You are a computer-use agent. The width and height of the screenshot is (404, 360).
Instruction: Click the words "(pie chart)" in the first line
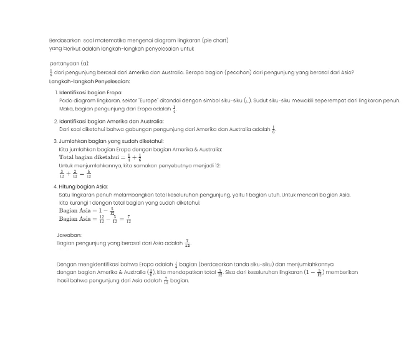pos(216,40)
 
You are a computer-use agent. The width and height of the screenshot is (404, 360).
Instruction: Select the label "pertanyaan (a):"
pos(69,64)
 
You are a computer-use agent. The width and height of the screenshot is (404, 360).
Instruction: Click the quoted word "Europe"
pos(148,100)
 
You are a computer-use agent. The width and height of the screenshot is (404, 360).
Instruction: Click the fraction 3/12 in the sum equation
pos(62,175)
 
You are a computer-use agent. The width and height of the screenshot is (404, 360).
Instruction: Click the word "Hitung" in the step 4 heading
pos(69,187)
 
